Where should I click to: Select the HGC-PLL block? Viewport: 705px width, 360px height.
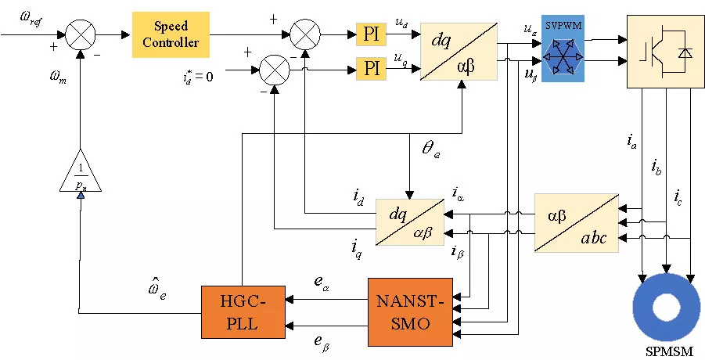(x=242, y=311)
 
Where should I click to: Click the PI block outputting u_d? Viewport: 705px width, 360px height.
(x=371, y=34)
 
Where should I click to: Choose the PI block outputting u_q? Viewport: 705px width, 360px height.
(x=371, y=67)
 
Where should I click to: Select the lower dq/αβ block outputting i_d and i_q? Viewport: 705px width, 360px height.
(x=408, y=222)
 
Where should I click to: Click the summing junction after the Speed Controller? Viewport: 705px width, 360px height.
(x=302, y=34)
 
